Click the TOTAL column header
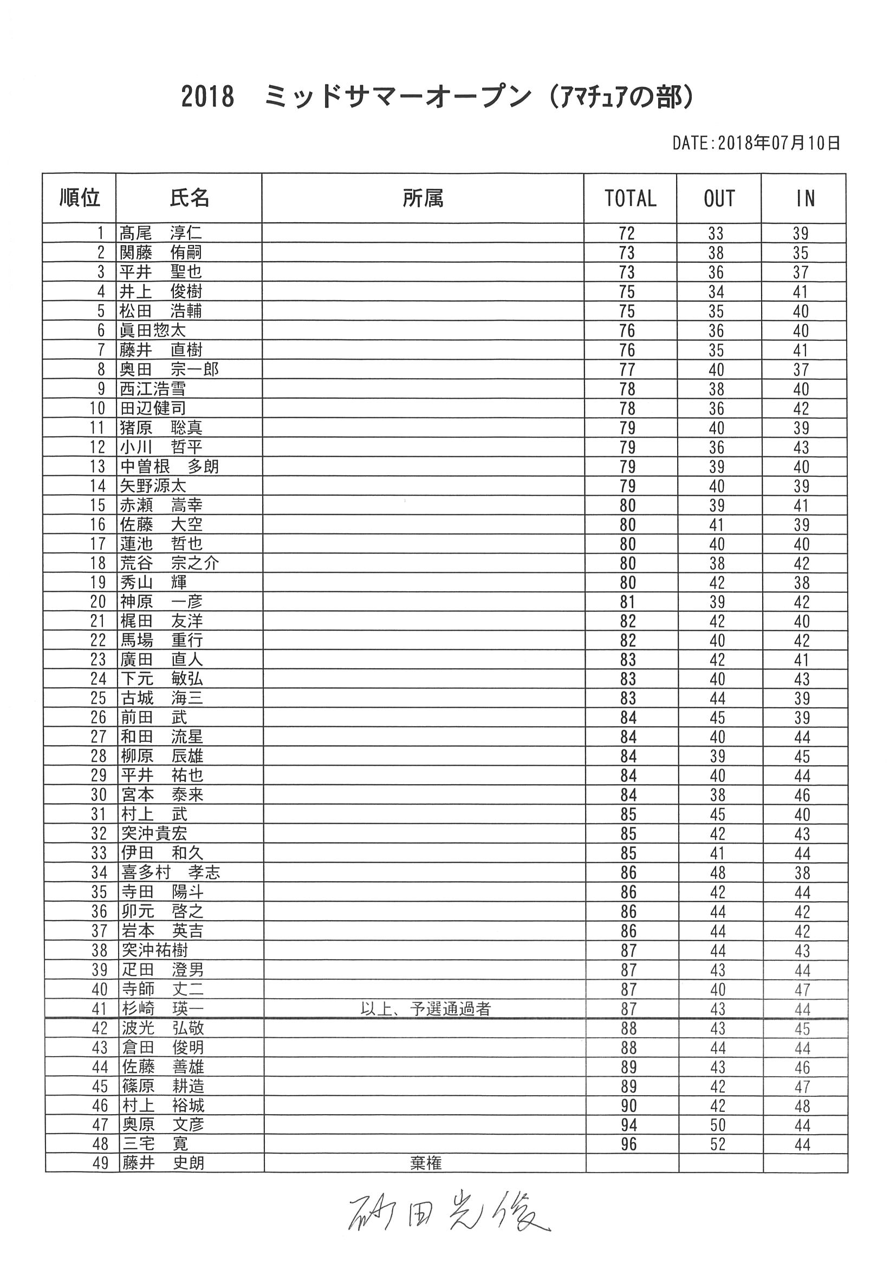coord(630,198)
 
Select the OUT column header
coord(719,198)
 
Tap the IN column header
coord(805,198)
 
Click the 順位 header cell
coord(80,198)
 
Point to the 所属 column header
coord(423,198)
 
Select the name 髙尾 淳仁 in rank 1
coord(161,233)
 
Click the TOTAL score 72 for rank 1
coord(627,234)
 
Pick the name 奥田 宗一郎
coord(170,369)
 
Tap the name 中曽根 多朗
coord(170,466)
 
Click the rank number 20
coord(98,601)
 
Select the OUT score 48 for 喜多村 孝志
coord(717,872)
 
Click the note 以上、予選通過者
coord(425,1009)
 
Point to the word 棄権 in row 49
coord(426,1163)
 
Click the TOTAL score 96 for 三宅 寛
coord(628,1144)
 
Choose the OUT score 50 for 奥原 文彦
coord(718,1125)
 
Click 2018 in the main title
coord(207,96)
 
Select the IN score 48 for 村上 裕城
coord(802,1105)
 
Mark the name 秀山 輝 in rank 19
coord(153,582)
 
